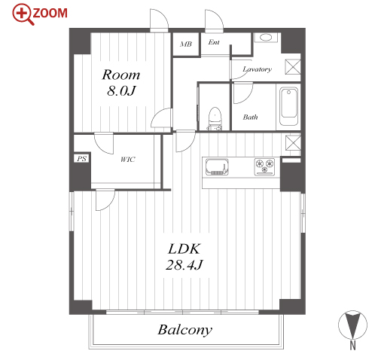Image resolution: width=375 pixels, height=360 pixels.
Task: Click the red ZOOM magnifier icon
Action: tap(23, 14)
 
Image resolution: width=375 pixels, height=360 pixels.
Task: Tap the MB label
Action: tap(186, 44)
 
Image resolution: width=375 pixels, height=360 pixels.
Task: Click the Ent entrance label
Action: tap(214, 42)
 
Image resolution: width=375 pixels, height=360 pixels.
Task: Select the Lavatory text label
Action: tap(257, 69)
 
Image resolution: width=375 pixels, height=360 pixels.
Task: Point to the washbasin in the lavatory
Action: tap(266, 38)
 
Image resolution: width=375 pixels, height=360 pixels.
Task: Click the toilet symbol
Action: tap(215, 119)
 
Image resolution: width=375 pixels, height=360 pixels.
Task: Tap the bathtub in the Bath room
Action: tap(288, 106)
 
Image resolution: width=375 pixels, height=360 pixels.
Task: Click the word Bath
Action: tap(250, 117)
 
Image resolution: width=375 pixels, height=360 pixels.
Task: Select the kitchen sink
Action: tap(217, 166)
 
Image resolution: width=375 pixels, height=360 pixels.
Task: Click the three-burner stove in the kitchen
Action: tap(264, 166)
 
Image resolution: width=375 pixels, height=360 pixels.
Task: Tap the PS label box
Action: tap(81, 159)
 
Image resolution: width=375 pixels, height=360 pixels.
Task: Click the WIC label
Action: tap(128, 160)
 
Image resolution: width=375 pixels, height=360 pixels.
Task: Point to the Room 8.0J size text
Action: tap(121, 82)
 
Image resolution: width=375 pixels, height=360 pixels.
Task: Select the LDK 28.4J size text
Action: tap(184, 257)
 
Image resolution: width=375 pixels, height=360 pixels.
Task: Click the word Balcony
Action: tap(185, 330)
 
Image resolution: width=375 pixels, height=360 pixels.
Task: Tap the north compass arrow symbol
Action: tap(352, 325)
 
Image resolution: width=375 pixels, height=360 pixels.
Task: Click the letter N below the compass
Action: tap(353, 346)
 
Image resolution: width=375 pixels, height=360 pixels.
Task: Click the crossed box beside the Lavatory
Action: tap(293, 67)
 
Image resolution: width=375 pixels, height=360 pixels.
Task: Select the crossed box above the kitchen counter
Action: tap(293, 142)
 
